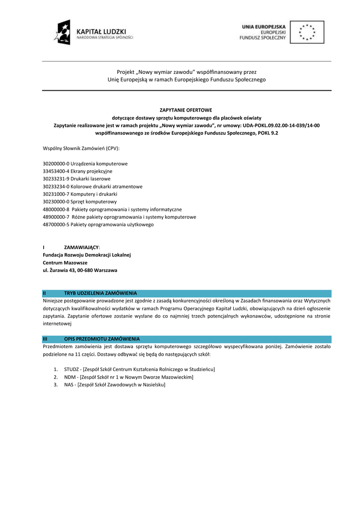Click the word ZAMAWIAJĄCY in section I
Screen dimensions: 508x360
point(81,247)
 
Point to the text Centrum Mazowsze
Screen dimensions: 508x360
point(65,262)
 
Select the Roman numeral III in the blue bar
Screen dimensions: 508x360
point(45,339)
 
